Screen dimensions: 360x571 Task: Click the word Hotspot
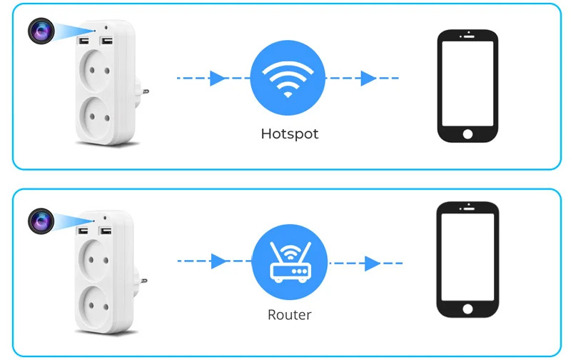289,134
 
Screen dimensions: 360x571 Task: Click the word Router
289,314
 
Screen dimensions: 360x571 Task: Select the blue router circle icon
289,261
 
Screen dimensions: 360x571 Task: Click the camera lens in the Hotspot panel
40,31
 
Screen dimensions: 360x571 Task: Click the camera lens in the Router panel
40,219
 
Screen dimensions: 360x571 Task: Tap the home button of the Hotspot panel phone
468,134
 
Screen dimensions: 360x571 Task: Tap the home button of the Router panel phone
468,309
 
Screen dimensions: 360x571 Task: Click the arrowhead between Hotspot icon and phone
368,78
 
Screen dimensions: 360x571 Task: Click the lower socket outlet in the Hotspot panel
95,114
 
